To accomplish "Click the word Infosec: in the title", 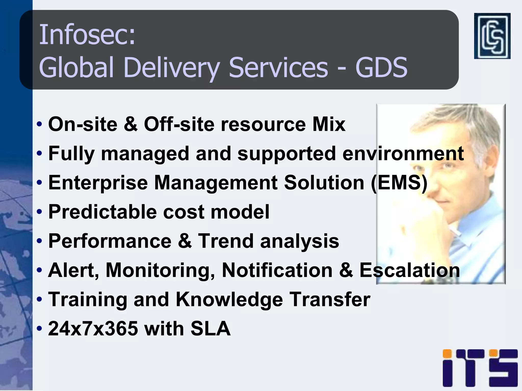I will coord(87,35).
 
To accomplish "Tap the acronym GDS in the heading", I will coord(381,67).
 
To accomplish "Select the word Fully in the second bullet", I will coord(71,154).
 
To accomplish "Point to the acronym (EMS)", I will coord(399,183).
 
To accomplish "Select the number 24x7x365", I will coord(93,329).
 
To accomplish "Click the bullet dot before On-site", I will coord(39,125).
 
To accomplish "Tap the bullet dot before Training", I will coord(39,300).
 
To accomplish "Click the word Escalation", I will coord(410,270).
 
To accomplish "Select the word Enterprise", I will coord(98,183).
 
